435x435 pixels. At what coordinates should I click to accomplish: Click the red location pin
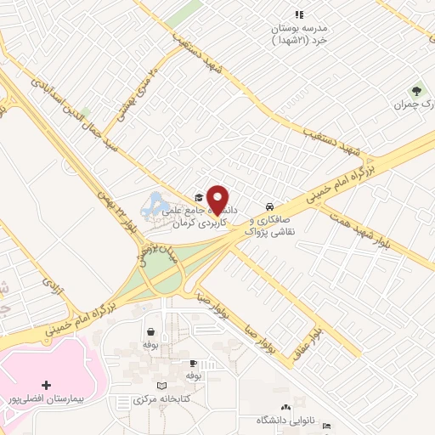coord(218,199)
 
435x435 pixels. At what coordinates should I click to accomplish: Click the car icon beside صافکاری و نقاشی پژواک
coord(269,206)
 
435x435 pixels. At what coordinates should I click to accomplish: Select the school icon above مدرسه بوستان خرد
coord(298,14)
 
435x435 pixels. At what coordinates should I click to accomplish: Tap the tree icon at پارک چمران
coord(416,91)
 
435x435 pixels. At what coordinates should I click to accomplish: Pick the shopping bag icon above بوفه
coord(150,332)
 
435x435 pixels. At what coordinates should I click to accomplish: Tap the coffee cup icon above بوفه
coord(193,362)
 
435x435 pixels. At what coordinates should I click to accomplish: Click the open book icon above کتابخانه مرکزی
coord(174,387)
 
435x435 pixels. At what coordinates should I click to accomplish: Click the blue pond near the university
coord(156,205)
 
